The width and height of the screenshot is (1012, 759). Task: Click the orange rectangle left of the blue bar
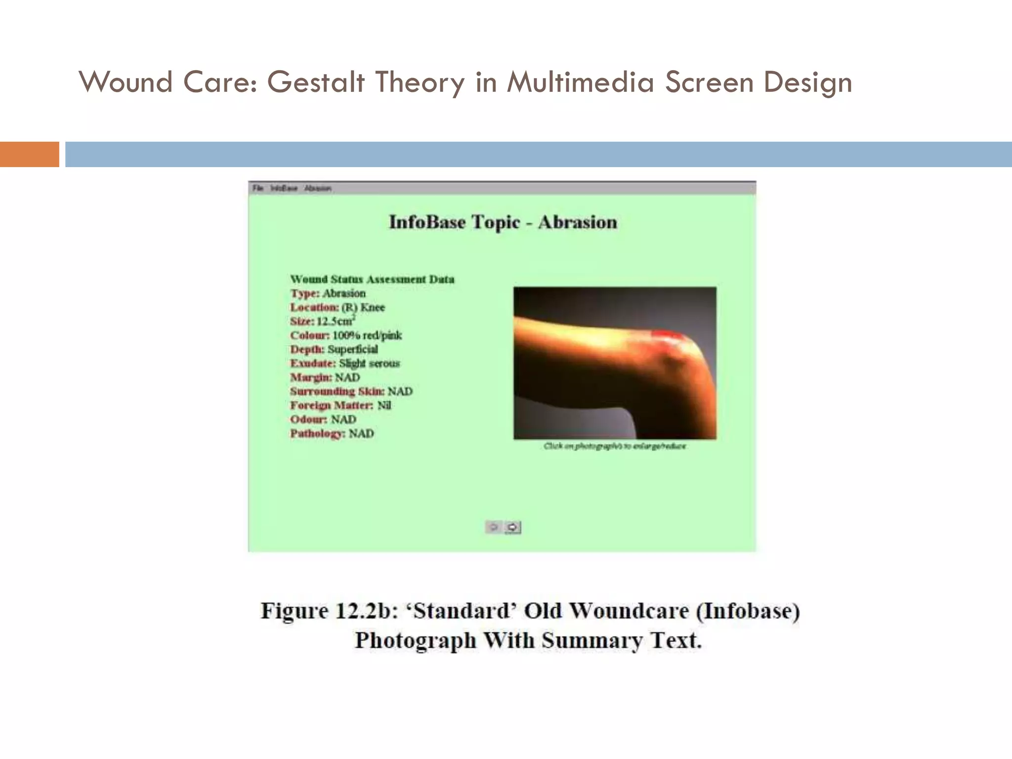tap(29, 154)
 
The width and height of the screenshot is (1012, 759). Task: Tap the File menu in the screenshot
tap(257, 188)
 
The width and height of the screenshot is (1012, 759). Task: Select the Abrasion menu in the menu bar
tap(318, 188)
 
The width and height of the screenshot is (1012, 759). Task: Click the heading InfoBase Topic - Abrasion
tap(503, 222)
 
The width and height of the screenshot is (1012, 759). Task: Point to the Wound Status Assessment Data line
tap(372, 279)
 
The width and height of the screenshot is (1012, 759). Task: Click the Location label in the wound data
tap(314, 307)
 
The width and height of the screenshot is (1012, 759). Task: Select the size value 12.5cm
tap(335, 321)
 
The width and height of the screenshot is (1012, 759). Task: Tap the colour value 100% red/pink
tap(367, 336)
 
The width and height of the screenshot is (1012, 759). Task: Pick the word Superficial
tap(352, 349)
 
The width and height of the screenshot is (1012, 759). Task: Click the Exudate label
tap(312, 364)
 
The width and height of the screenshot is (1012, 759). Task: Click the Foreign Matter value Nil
tap(384, 406)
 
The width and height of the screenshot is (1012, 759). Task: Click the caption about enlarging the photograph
tap(615, 446)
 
